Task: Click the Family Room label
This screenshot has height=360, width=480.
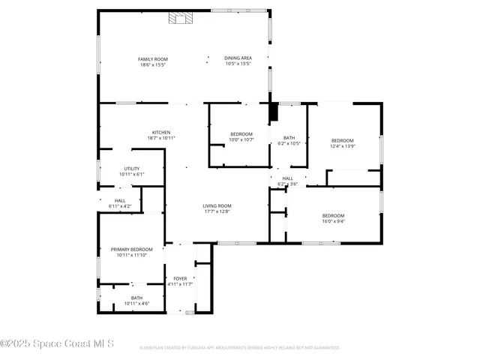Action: click(x=152, y=59)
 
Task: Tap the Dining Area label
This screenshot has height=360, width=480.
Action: click(x=238, y=58)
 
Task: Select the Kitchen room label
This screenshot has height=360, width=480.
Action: click(x=161, y=132)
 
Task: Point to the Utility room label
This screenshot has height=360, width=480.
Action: click(x=132, y=169)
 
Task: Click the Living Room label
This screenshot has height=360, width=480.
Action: click(x=217, y=205)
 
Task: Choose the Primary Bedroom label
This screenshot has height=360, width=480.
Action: click(x=131, y=249)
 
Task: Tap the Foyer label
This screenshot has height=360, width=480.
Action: click(x=180, y=278)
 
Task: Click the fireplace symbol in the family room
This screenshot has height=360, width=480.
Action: click(x=181, y=19)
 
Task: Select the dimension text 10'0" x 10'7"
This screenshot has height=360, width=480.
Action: click(x=241, y=139)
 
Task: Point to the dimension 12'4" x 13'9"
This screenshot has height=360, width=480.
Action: click(x=343, y=146)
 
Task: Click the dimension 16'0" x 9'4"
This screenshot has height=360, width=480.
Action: click(x=333, y=221)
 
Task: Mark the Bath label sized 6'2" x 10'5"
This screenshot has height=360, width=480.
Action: click(x=289, y=137)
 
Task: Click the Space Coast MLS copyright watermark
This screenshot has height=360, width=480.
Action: click(x=57, y=344)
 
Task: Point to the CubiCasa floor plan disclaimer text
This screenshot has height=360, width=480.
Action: click(x=240, y=348)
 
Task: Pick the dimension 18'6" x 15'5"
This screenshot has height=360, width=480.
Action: click(x=153, y=65)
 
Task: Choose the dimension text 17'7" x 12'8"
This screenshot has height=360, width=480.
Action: click(x=217, y=211)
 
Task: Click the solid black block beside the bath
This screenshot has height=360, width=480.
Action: click(x=274, y=111)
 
